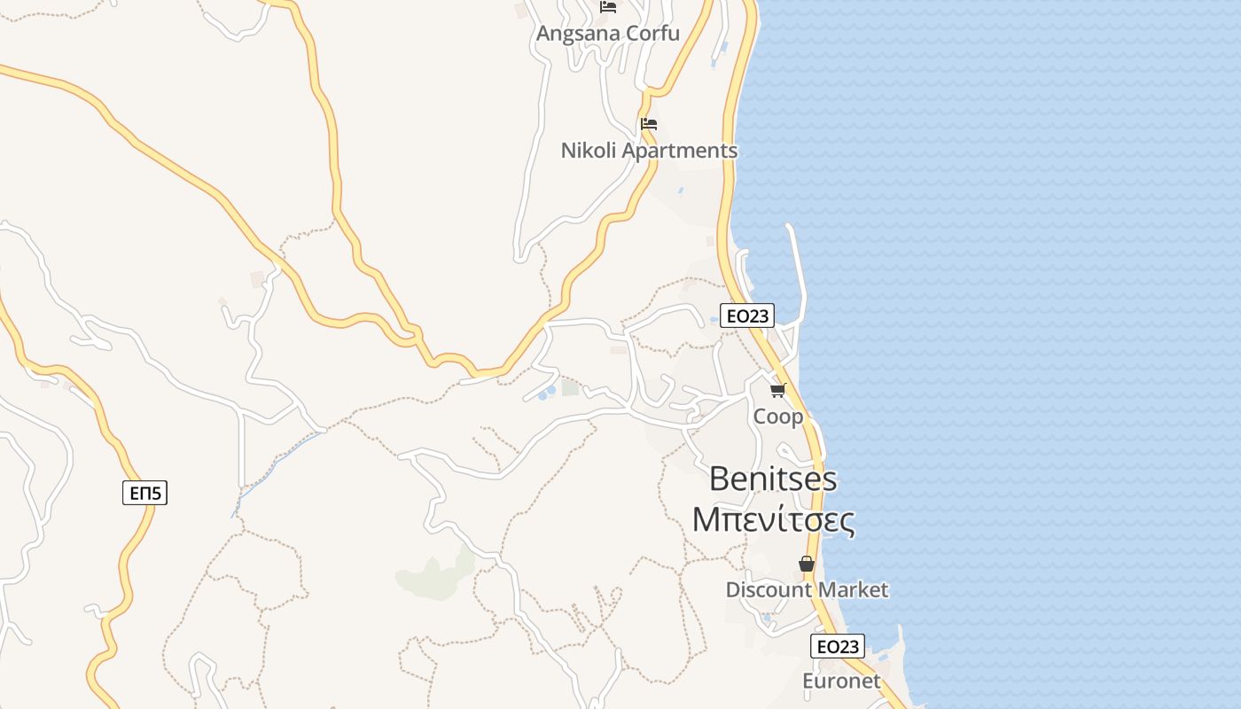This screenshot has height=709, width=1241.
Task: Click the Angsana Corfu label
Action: tap(608, 34)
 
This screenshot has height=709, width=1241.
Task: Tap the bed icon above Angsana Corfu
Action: tap(608, 7)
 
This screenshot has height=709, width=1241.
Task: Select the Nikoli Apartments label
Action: tap(649, 151)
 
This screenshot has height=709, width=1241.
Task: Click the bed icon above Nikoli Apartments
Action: tap(649, 124)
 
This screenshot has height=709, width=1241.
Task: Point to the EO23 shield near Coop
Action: tap(747, 316)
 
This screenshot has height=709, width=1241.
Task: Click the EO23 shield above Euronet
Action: tap(838, 646)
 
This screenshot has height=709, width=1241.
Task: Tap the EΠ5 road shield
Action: tap(144, 493)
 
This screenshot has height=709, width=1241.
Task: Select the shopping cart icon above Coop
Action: tap(778, 390)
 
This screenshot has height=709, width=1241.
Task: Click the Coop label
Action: tap(778, 417)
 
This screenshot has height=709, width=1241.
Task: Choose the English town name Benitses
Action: tap(774, 479)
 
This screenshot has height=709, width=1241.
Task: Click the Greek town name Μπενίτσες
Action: tap(774, 519)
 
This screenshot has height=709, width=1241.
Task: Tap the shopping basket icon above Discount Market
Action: tap(807, 564)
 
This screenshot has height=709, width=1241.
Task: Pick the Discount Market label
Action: tap(807, 590)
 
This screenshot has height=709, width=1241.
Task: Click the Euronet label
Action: tap(841, 682)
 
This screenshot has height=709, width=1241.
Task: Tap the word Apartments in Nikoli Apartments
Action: tap(680, 151)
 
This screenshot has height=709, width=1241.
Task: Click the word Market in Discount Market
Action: tap(855, 590)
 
